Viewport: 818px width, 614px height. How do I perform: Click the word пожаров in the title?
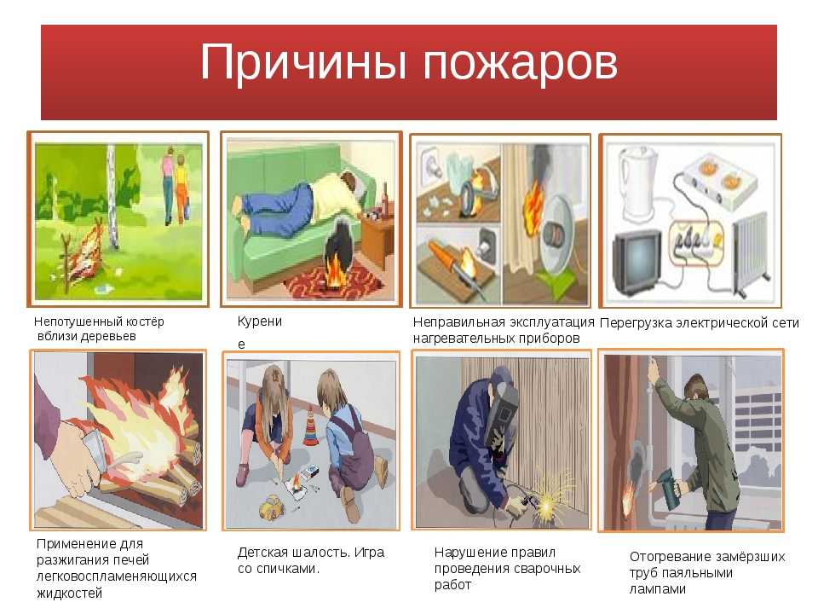point(520,64)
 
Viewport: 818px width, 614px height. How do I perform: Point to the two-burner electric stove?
point(721,181)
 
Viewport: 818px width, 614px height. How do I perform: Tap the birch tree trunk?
point(111,197)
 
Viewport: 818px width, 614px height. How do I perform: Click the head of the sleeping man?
point(350,184)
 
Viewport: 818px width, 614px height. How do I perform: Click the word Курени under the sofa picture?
point(259,321)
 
